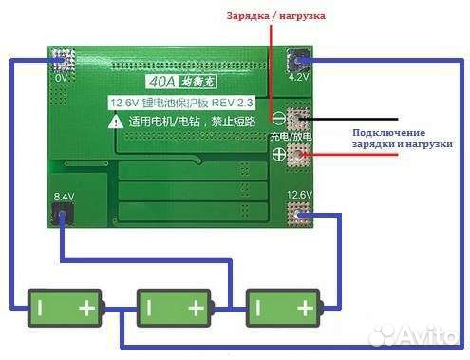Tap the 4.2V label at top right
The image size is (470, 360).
pyautogui.click(x=297, y=79)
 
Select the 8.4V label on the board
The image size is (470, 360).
pyautogui.click(x=64, y=197)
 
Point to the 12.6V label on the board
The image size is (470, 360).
pyautogui.click(x=299, y=197)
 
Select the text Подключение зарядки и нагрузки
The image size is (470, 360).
pyautogui.click(x=401, y=138)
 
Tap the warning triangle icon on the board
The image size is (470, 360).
pyautogui.click(x=115, y=121)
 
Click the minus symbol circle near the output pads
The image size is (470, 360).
pyautogui.click(x=280, y=119)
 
